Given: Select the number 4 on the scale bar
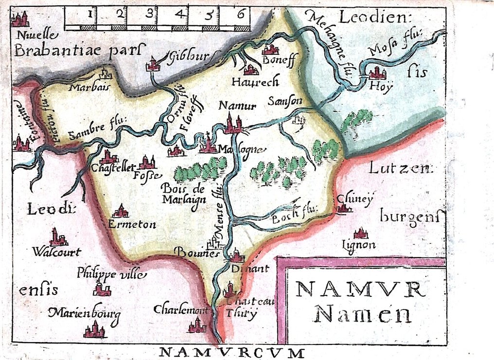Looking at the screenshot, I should click(x=179, y=15).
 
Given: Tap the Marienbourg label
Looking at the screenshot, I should click(x=84, y=312).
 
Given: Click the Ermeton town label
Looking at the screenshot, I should click(x=132, y=224).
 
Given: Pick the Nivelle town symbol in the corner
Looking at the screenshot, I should click(x=20, y=19).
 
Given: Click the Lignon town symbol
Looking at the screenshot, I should click(x=360, y=234).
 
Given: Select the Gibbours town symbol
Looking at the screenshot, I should click(x=154, y=64).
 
